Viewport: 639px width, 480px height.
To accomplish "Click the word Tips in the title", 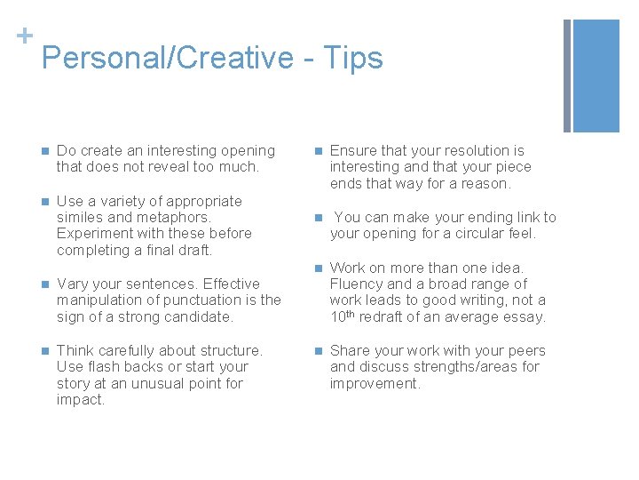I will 354,58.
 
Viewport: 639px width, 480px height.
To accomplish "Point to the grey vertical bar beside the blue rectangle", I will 567,75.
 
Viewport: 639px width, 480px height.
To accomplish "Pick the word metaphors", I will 177,218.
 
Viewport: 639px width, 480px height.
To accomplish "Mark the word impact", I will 81,400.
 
